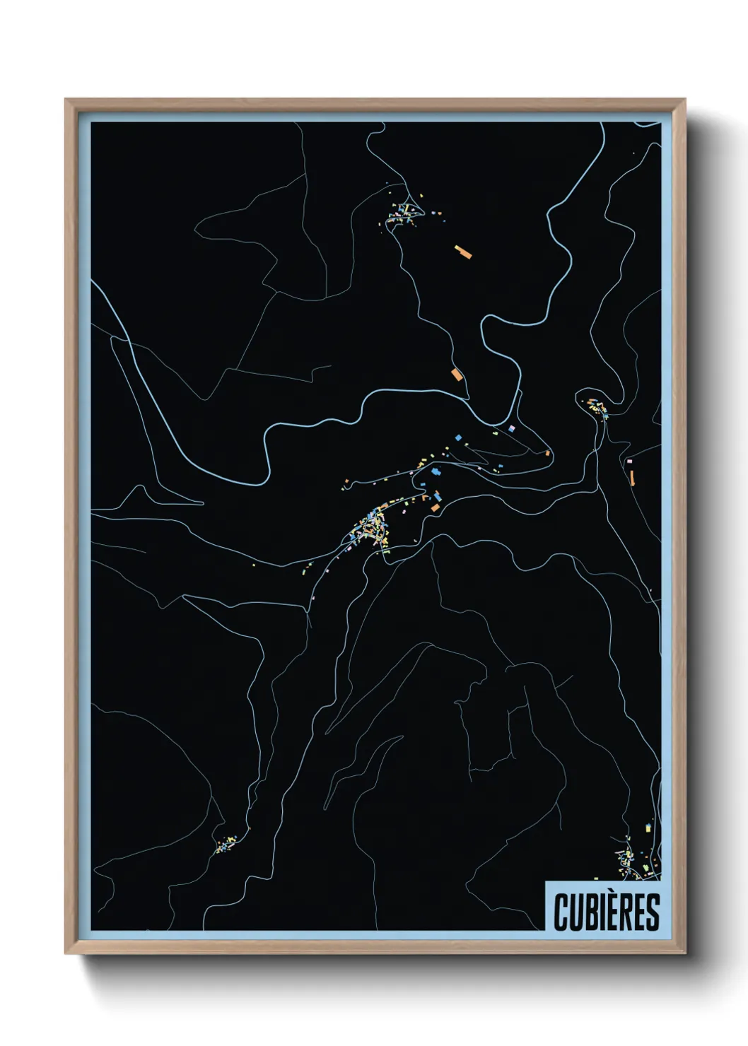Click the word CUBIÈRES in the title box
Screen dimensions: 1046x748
[x=607, y=912]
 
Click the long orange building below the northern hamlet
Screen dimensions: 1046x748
[x=462, y=251]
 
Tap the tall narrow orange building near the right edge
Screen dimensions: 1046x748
[x=632, y=477]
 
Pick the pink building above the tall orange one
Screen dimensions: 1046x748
[x=630, y=461]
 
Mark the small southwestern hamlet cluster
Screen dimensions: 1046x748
[x=226, y=845]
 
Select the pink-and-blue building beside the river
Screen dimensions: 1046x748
[x=513, y=428]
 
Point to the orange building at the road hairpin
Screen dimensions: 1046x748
[x=547, y=452]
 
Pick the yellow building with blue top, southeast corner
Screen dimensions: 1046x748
[x=648, y=826]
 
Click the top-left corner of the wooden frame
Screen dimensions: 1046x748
[x=66, y=100]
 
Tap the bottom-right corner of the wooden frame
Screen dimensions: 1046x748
[x=685, y=954]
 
